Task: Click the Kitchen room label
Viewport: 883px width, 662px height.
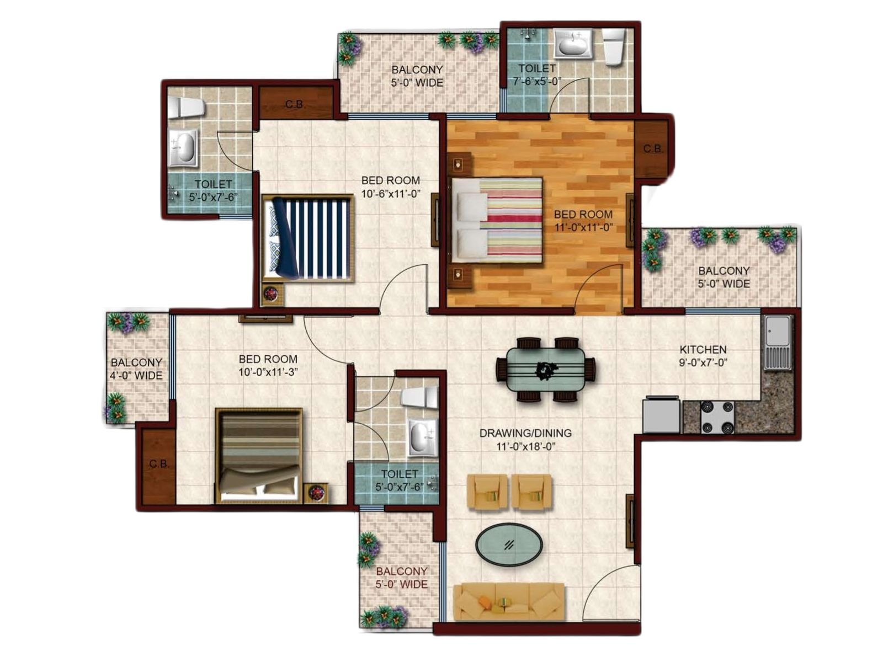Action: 703,349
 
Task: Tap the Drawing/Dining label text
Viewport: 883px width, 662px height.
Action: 525,433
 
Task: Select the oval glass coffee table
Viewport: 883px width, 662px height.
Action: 508,544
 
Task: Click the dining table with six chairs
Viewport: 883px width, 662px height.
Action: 545,370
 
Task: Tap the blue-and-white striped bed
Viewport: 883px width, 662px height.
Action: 308,238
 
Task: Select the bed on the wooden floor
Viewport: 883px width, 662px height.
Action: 496,221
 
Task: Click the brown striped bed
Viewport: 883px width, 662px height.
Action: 259,456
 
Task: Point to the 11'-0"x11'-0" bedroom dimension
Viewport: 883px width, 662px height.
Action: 583,227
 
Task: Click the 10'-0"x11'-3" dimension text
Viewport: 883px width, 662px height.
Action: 268,372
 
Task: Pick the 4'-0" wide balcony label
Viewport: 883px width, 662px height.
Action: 136,369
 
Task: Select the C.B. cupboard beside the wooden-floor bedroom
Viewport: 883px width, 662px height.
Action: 652,149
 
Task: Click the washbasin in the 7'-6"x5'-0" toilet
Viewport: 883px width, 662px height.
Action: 573,44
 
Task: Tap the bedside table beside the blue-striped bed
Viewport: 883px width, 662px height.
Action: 274,294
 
